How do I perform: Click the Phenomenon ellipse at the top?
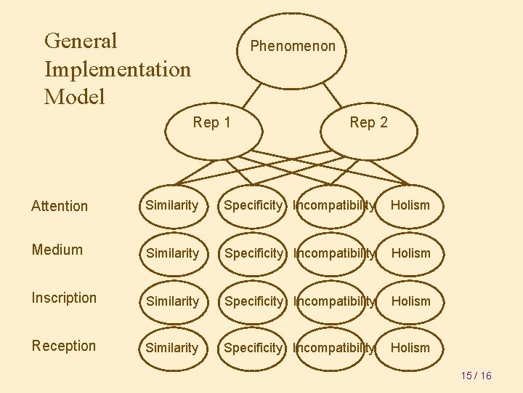click(293, 47)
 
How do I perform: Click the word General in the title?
click(81, 41)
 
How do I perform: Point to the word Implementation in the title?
click(118, 69)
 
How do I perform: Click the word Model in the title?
click(75, 96)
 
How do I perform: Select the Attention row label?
click(60, 206)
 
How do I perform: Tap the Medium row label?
click(57, 250)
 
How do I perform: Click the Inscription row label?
click(64, 298)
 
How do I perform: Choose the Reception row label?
click(64, 346)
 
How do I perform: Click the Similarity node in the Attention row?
click(172, 206)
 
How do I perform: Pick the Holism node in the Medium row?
click(410, 253)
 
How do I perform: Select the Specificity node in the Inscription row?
click(253, 301)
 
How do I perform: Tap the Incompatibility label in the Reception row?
click(335, 348)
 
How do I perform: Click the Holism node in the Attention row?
click(410, 206)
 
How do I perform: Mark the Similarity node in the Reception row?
click(172, 348)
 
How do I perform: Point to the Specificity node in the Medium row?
click(253, 253)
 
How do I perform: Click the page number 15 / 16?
click(477, 376)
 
